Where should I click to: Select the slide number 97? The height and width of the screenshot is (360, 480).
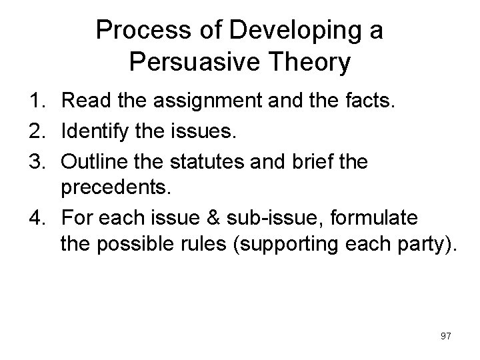coord(445,337)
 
